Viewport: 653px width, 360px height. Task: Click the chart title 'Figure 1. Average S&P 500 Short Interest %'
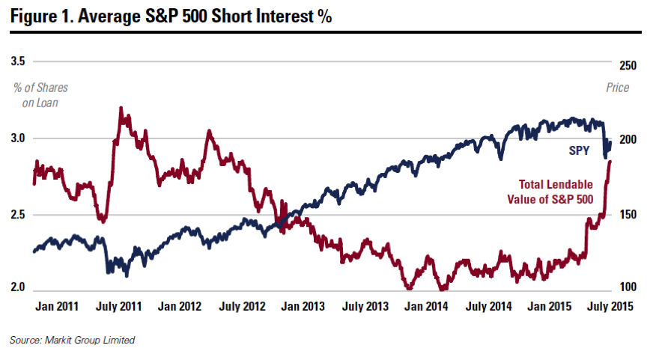click(x=170, y=16)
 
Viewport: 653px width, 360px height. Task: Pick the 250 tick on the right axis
click(x=628, y=66)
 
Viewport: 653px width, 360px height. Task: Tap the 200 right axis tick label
click(x=628, y=140)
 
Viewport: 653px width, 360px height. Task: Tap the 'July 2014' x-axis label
click(x=488, y=307)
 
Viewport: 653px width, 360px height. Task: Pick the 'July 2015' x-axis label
click(x=610, y=307)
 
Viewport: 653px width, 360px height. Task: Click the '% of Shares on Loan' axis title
click(x=36, y=95)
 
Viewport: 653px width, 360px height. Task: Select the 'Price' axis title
click(x=618, y=88)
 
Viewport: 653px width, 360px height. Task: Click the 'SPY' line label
click(x=579, y=151)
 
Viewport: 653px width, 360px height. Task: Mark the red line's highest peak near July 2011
click(x=121, y=109)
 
